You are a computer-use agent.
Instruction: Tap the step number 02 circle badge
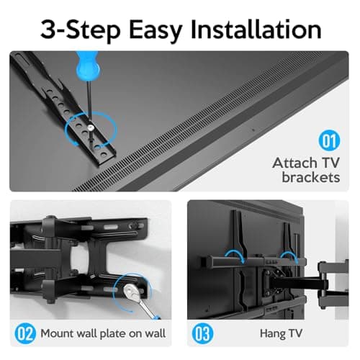pyautogui.click(x=24, y=333)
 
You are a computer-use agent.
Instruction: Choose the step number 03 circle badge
pyautogui.click(x=202, y=333)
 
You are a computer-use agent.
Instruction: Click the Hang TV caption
pyautogui.click(x=280, y=333)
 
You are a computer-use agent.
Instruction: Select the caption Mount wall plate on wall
pyautogui.click(x=102, y=333)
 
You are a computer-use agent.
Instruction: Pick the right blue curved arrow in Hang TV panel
pyautogui.click(x=292, y=256)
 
